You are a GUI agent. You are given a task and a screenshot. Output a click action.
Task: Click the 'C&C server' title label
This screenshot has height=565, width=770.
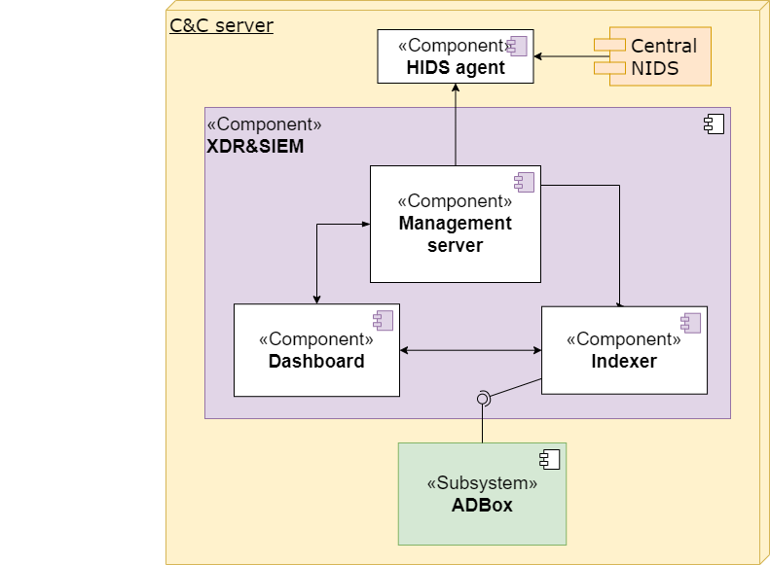point(221,25)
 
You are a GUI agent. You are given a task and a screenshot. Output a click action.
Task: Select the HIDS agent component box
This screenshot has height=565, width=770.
point(456,56)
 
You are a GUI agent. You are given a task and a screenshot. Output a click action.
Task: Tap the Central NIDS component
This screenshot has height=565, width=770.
point(660,56)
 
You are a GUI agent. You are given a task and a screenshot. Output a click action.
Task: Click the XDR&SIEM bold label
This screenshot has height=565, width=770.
point(255,147)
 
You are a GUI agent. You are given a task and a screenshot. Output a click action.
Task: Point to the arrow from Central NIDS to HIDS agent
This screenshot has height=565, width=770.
point(565,56)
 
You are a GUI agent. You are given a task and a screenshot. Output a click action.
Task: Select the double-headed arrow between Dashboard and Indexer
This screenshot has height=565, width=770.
point(470,350)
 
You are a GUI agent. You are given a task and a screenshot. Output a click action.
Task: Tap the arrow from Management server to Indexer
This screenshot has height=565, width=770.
point(619,243)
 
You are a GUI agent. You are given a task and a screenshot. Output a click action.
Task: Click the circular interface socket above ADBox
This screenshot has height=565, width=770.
point(482,398)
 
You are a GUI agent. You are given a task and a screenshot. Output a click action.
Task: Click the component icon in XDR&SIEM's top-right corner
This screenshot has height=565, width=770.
point(713,124)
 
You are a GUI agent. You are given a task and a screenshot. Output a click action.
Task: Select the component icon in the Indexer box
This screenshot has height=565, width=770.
point(690,323)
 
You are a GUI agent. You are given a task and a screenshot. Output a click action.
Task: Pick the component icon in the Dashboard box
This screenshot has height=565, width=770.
point(382,321)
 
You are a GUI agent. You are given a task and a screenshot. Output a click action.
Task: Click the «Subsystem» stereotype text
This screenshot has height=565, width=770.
point(482,483)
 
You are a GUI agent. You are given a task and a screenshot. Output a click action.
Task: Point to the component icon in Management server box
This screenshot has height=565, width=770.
point(524,182)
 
